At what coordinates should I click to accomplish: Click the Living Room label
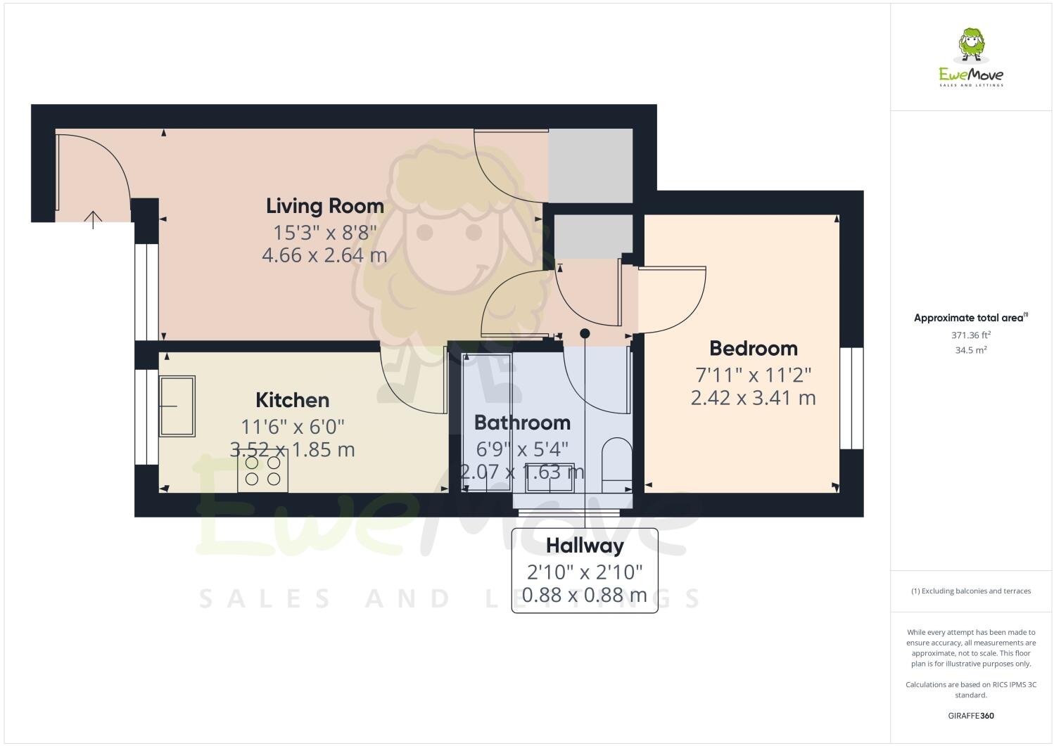click(x=324, y=206)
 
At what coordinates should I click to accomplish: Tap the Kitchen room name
click(x=292, y=400)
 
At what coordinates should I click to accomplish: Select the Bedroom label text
click(x=753, y=348)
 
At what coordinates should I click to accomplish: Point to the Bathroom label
click(x=522, y=423)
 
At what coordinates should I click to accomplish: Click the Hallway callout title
click(x=585, y=546)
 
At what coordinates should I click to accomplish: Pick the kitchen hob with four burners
click(x=262, y=471)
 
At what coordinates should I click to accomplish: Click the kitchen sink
click(x=177, y=406)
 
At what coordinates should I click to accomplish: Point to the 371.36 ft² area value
click(x=970, y=335)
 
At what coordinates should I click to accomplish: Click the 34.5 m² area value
click(x=970, y=349)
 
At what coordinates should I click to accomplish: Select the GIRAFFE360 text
click(x=970, y=716)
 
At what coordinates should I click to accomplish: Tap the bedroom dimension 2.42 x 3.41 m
click(x=753, y=398)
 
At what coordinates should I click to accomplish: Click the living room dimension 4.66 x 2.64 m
click(x=324, y=255)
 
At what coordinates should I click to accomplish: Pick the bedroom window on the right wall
click(x=851, y=398)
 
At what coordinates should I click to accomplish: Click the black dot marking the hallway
click(x=585, y=333)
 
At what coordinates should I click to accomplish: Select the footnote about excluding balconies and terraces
click(x=970, y=591)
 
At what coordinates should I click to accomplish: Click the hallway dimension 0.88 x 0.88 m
click(x=585, y=595)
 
